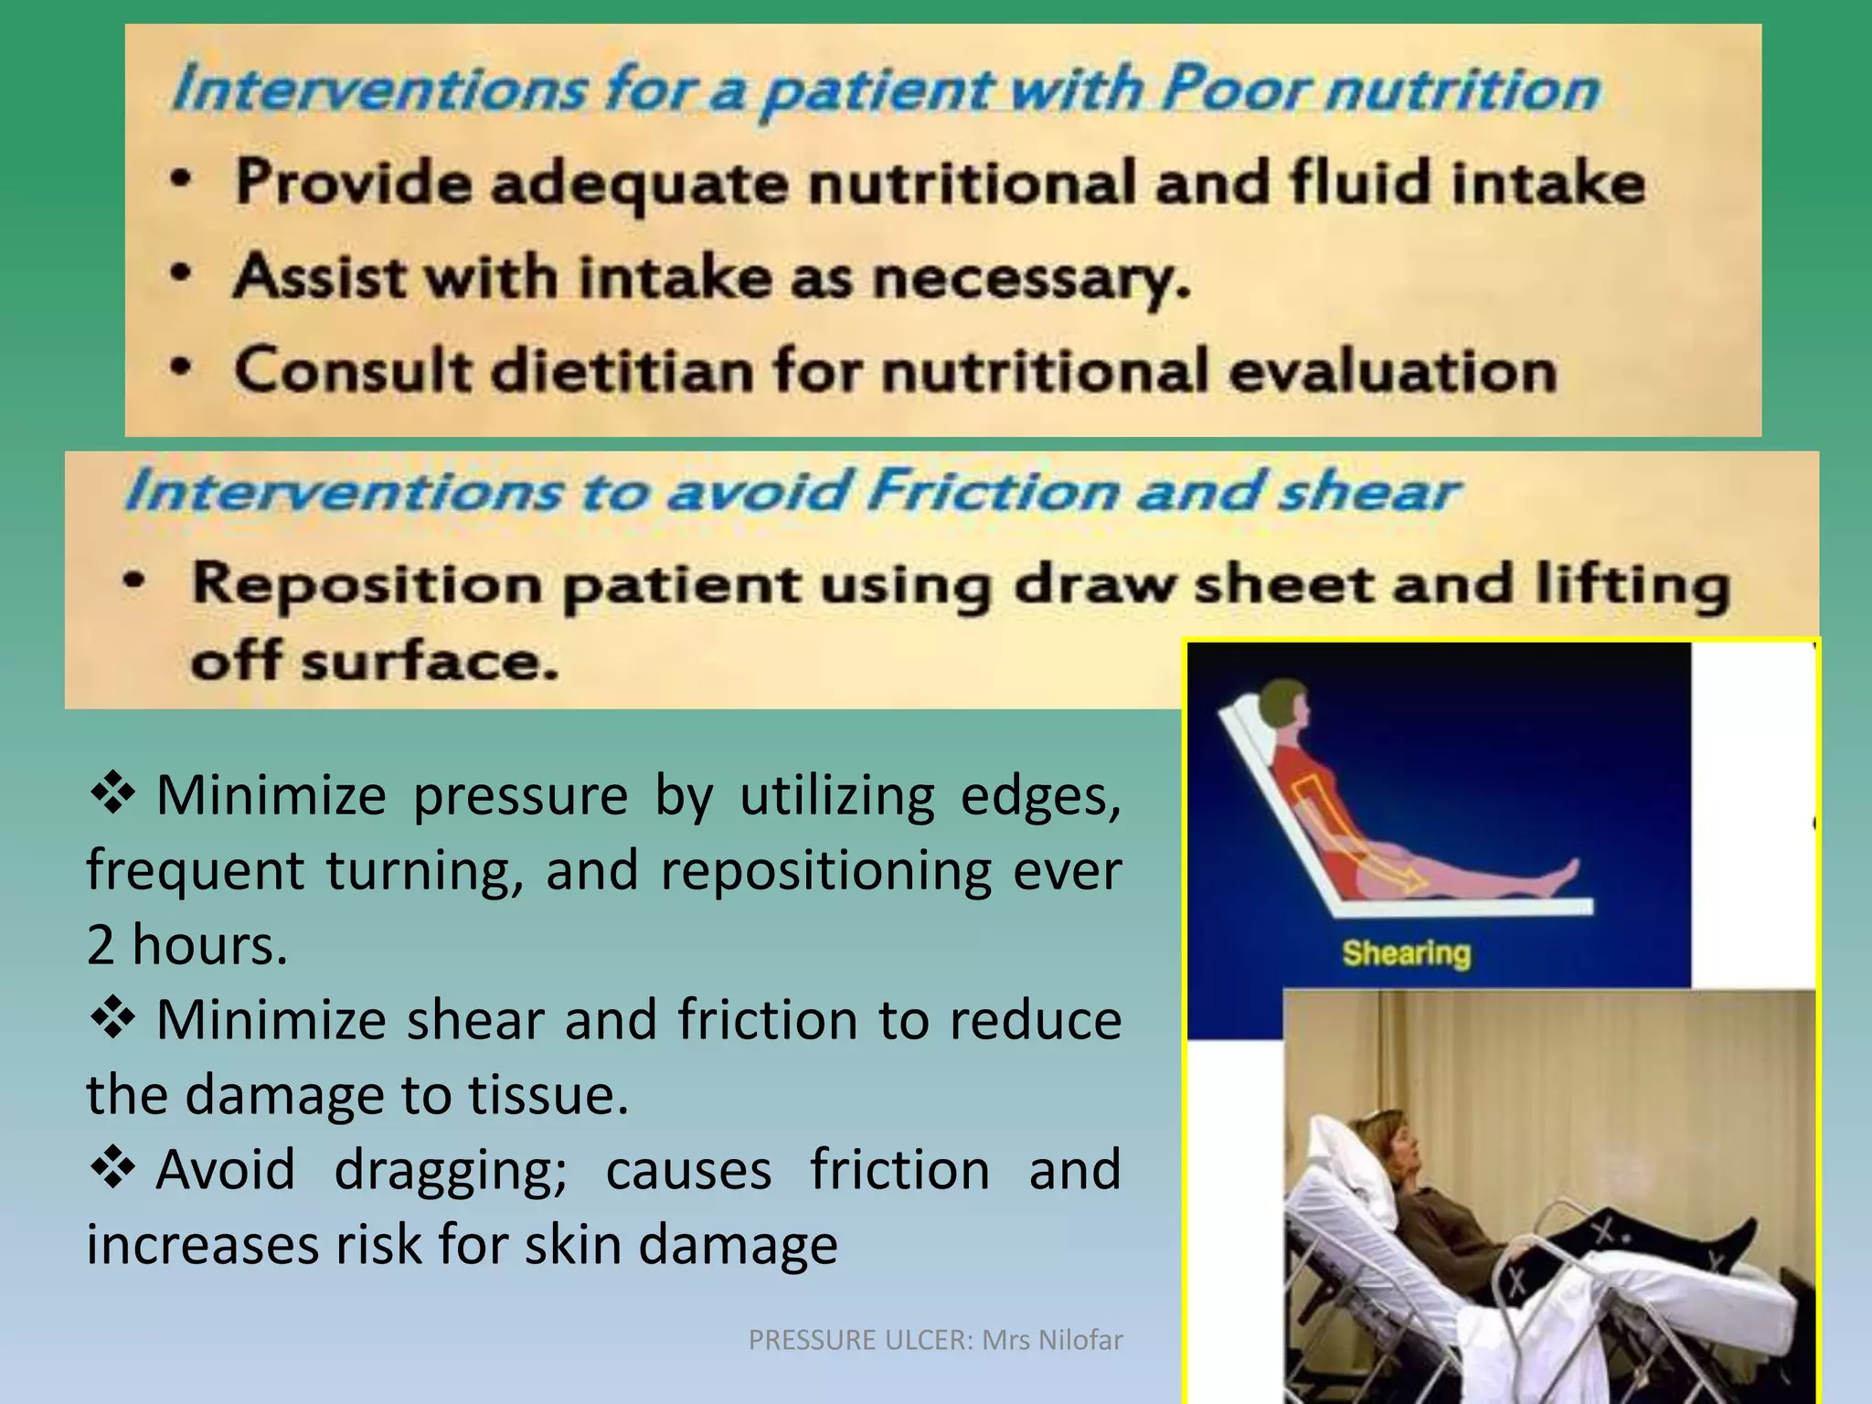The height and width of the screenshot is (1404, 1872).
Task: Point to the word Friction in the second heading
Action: [992, 491]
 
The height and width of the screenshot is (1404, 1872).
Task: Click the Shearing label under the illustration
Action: [1406, 953]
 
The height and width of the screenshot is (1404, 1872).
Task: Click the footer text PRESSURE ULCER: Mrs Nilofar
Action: [934, 1340]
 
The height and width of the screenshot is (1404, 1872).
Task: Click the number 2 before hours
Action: [101, 944]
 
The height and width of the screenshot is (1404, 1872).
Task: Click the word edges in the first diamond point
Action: [1038, 796]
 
